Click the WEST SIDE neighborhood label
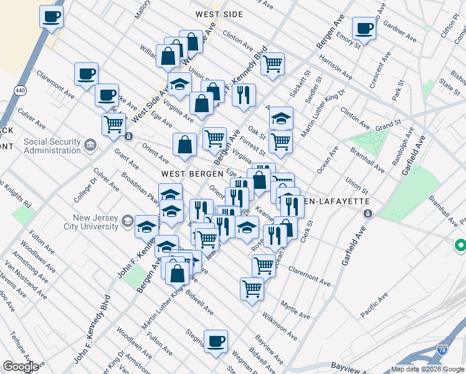217,13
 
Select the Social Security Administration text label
52,146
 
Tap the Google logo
21,367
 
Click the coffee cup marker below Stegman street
216,342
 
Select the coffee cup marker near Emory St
363,28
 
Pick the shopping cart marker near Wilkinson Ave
252,289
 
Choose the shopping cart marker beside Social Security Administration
113,123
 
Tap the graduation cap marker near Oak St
281,118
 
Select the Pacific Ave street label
374,305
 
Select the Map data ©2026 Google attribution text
427,369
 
